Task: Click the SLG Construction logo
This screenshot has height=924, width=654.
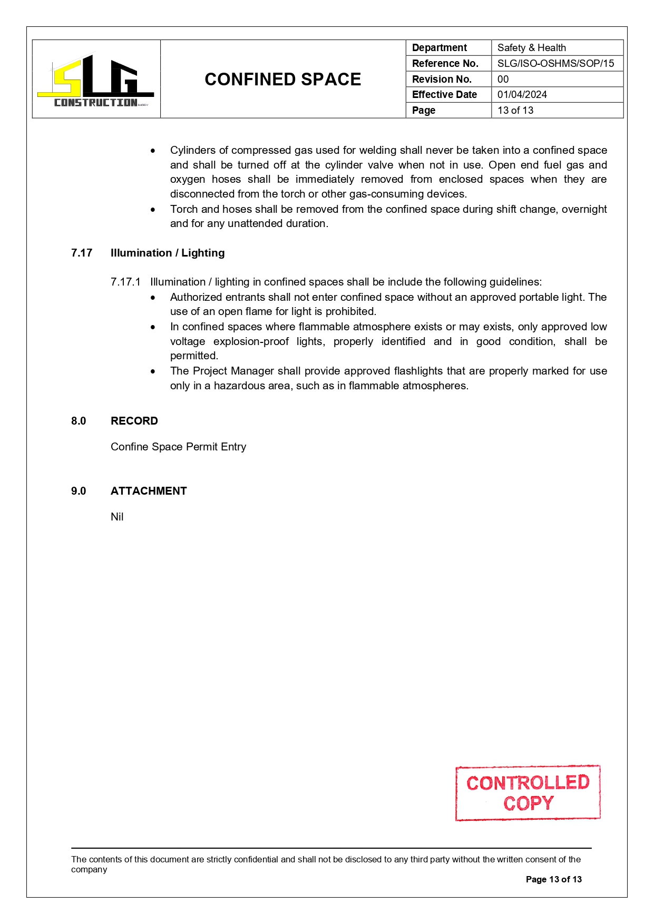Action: tap(96, 81)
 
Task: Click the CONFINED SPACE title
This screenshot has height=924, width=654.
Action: tap(282, 80)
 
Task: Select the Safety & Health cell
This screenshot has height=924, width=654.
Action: tap(531, 48)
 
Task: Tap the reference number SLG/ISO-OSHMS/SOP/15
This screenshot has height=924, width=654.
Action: tap(555, 64)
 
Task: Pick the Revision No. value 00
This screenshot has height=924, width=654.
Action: tap(503, 80)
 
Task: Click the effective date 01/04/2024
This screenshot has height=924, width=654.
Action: tap(522, 95)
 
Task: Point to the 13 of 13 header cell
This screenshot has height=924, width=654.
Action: tap(515, 111)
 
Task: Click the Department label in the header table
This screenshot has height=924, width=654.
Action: tap(439, 48)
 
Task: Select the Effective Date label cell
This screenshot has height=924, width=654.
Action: tap(444, 95)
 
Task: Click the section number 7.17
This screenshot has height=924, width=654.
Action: tap(82, 253)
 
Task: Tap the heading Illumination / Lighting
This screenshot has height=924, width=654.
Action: tap(168, 253)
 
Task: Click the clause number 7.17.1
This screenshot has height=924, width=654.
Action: tap(125, 282)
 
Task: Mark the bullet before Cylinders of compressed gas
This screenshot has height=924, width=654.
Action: tap(153, 151)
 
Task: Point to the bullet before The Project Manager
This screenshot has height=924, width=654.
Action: tap(153, 371)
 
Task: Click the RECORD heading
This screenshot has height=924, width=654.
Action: tap(134, 421)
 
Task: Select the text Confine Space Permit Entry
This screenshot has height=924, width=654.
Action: tap(178, 447)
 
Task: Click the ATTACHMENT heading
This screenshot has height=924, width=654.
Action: tap(149, 491)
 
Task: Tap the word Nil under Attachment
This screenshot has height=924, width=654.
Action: tap(117, 517)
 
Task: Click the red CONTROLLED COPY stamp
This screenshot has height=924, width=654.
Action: tap(528, 793)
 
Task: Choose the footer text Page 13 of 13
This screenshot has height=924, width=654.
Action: tap(553, 879)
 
